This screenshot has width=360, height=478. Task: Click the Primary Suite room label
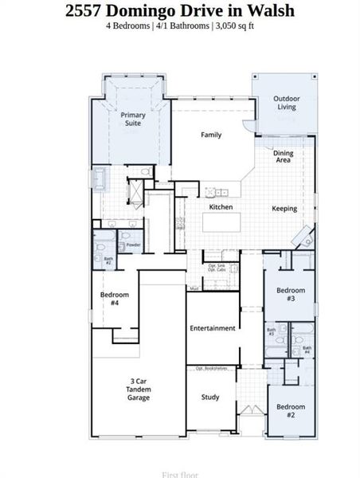133,119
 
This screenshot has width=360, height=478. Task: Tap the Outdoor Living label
285,103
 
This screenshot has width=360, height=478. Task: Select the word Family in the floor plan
211,135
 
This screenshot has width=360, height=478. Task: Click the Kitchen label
221,207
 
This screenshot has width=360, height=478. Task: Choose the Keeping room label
284,209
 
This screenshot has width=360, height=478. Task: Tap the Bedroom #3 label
291,294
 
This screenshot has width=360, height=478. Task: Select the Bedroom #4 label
110,299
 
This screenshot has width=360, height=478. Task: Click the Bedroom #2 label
291,411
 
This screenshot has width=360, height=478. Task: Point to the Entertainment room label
212,328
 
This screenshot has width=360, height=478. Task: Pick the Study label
210,397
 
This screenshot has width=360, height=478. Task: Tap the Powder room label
133,245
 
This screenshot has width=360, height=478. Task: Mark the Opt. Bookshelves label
212,368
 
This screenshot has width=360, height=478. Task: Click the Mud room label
194,288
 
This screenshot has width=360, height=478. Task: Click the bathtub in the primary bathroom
100,178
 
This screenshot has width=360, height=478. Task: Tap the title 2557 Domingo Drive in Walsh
179,10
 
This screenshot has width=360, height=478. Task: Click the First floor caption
180,474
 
